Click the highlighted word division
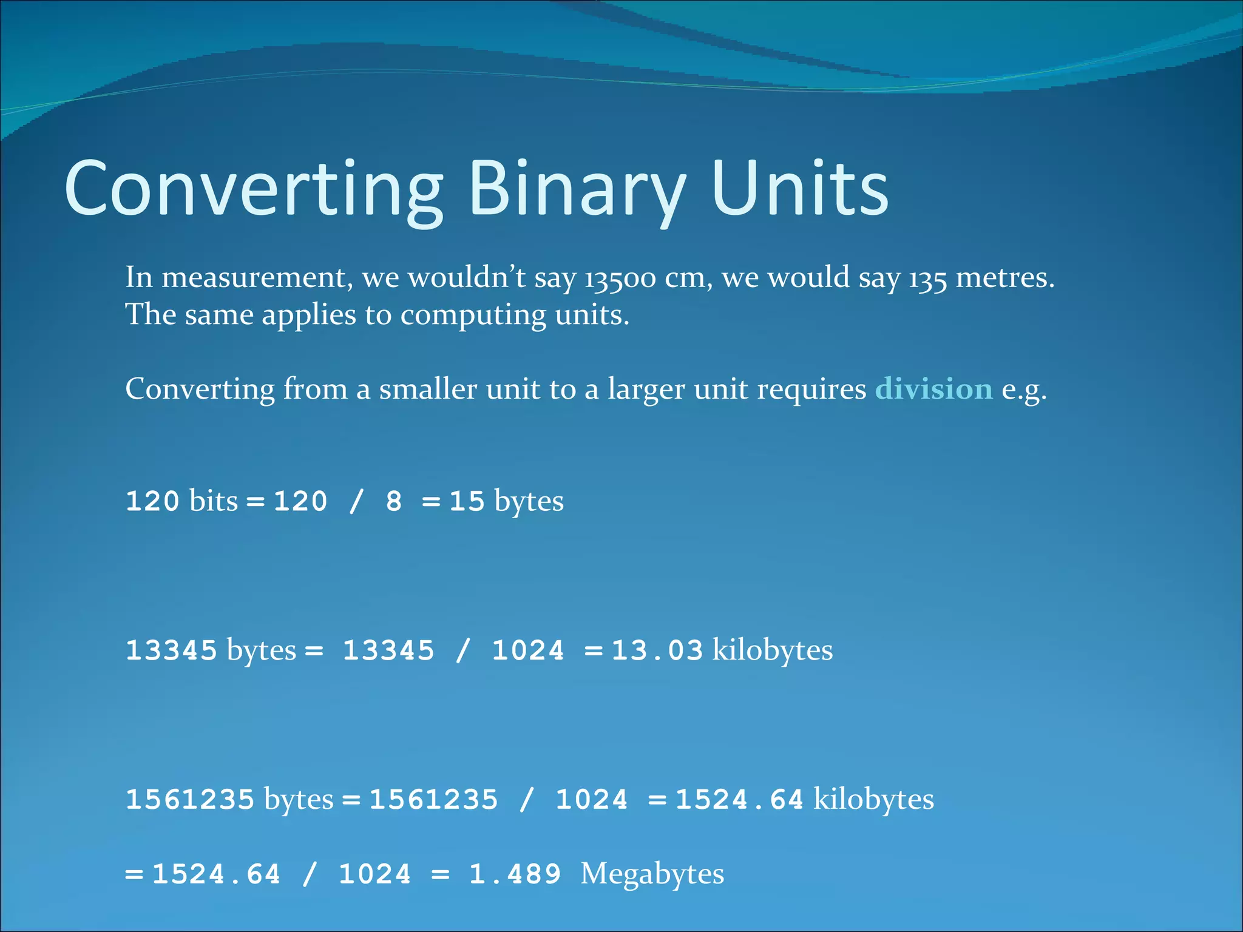[x=933, y=389]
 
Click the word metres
[x=1004, y=278]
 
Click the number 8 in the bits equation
[x=394, y=502]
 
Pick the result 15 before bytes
[x=467, y=502]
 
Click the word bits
[x=213, y=502]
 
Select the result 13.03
[x=657, y=650]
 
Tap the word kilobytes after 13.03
[x=772, y=650]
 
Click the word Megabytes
[x=652, y=874]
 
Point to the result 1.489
[x=515, y=874]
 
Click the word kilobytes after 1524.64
[x=873, y=800]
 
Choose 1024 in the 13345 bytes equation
[x=527, y=650]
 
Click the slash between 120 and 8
[x=356, y=502]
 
